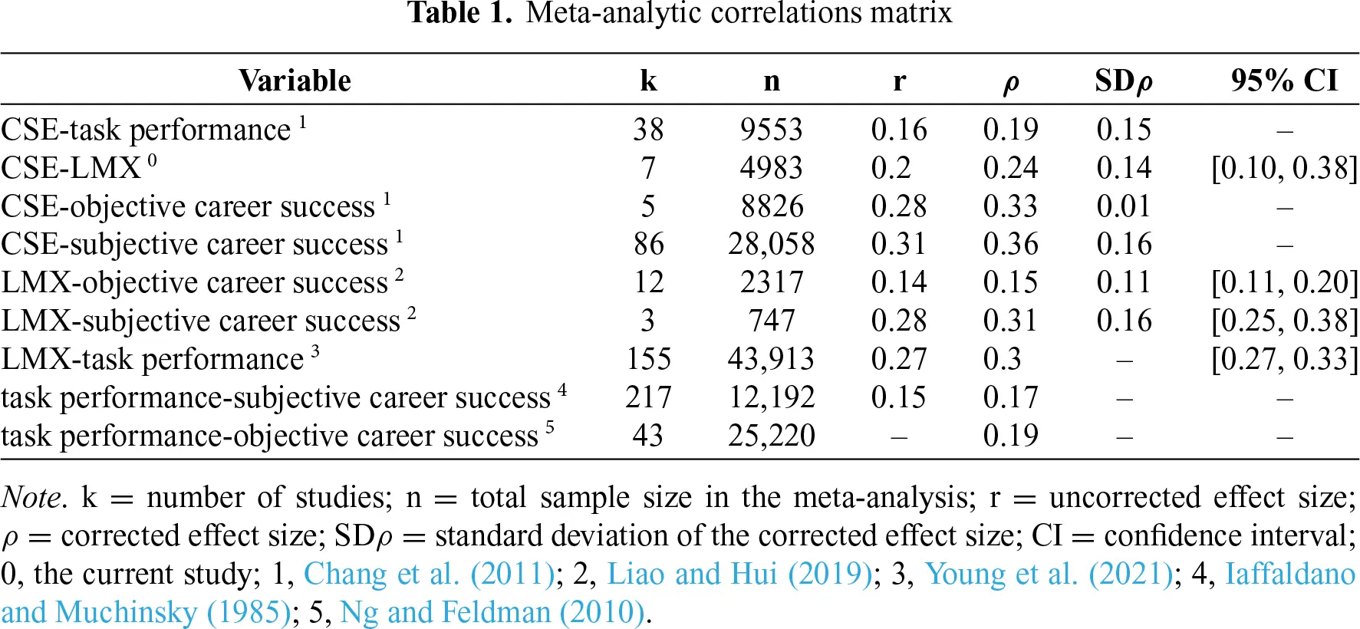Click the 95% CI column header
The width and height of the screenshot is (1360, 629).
click(x=1284, y=81)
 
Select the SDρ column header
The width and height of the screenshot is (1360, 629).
click(x=1124, y=81)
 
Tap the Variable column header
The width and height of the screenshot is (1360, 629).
click(x=295, y=81)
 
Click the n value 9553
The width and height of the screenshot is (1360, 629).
click(x=771, y=130)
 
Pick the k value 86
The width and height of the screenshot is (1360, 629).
click(x=648, y=244)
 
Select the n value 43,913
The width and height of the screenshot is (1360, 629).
click(x=771, y=359)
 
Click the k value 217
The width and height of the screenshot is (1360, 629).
click(x=648, y=397)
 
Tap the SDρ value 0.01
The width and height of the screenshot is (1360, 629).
click(x=1124, y=206)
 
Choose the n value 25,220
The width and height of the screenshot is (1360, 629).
click(x=771, y=436)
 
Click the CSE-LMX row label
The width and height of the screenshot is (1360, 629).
click(x=71, y=168)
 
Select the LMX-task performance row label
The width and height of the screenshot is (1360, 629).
click(x=153, y=359)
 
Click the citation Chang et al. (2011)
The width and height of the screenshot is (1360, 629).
click(x=429, y=574)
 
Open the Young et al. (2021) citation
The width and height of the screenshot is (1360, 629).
click(x=1049, y=574)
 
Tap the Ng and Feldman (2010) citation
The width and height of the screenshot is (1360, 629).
click(x=492, y=612)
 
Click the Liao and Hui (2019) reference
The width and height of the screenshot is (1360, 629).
click(x=739, y=574)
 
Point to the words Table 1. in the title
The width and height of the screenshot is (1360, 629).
click(x=459, y=13)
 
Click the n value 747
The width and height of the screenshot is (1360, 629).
click(x=771, y=321)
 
